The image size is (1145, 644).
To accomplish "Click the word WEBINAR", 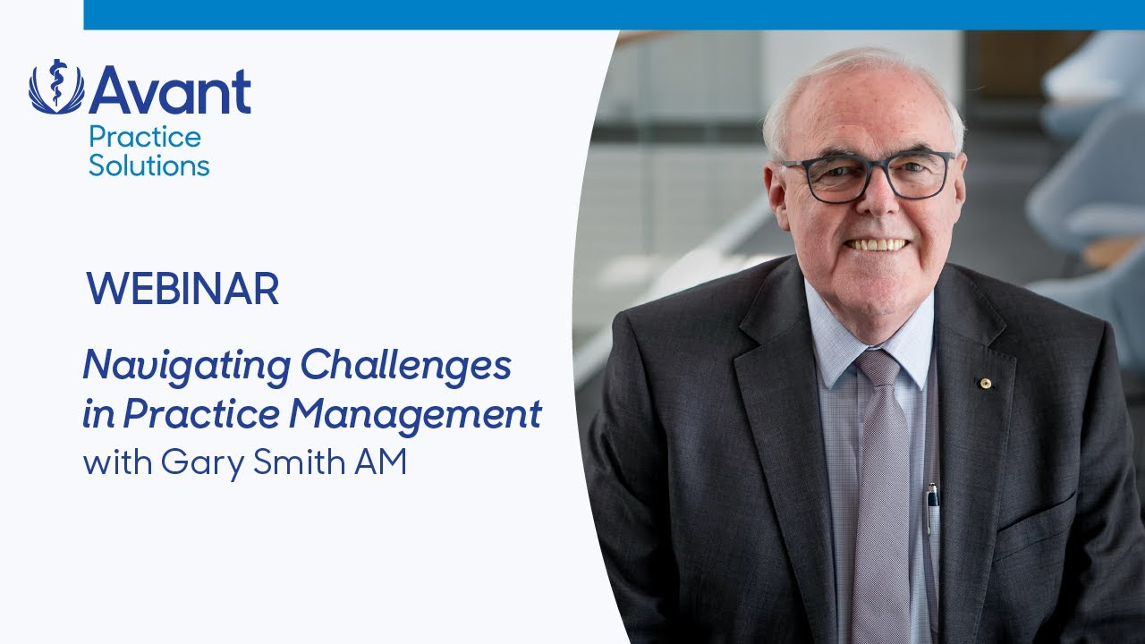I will [x=182, y=289].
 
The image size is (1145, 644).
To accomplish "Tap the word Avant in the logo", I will [x=170, y=91].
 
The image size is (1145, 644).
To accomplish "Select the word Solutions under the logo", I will [x=148, y=165].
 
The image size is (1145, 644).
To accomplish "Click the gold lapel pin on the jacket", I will [x=986, y=384].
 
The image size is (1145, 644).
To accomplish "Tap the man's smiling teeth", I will [x=878, y=243].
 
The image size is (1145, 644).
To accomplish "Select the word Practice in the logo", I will [x=144, y=138].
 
